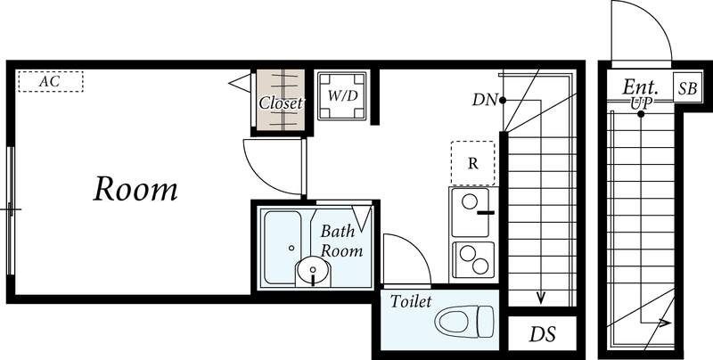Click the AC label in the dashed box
[x=49, y=82]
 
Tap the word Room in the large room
[x=135, y=189]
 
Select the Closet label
[x=281, y=103]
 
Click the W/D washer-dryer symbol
[x=342, y=96]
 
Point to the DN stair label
[x=485, y=100]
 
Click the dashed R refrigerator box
[x=473, y=163]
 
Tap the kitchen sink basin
[x=471, y=212]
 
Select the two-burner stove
[x=473, y=259]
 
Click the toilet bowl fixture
[x=464, y=322]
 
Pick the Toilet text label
[x=411, y=301]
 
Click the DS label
[x=543, y=334]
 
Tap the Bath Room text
[x=341, y=241]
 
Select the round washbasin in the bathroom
[x=313, y=271]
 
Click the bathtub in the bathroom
[x=283, y=247]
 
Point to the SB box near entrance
[x=687, y=88]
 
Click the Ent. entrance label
[x=640, y=86]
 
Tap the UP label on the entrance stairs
[x=641, y=103]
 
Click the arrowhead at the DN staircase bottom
[x=541, y=299]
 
